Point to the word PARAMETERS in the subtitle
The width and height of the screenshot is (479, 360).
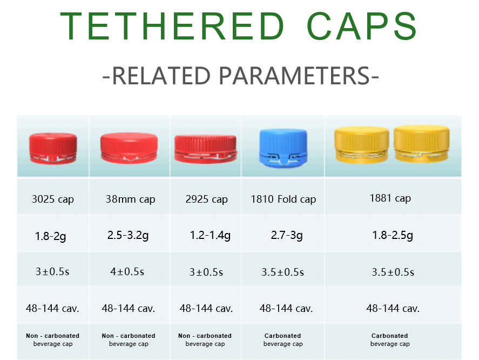click(299, 76)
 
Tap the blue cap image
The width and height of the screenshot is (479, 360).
click(283, 146)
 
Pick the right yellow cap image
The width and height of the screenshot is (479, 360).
click(421, 144)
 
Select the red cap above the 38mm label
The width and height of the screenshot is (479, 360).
click(129, 146)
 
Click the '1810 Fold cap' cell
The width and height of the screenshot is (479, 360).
click(284, 199)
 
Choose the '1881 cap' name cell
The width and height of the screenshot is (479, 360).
click(390, 198)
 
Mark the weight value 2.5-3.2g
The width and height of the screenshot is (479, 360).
click(130, 236)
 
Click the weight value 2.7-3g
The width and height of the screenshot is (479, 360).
click(286, 236)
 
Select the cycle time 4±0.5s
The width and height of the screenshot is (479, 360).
click(127, 272)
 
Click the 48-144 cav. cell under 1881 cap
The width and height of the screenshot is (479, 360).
click(393, 309)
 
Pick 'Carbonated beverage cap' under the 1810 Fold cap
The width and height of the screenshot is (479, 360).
click(283, 339)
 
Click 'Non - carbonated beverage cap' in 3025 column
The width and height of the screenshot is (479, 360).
click(53, 339)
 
